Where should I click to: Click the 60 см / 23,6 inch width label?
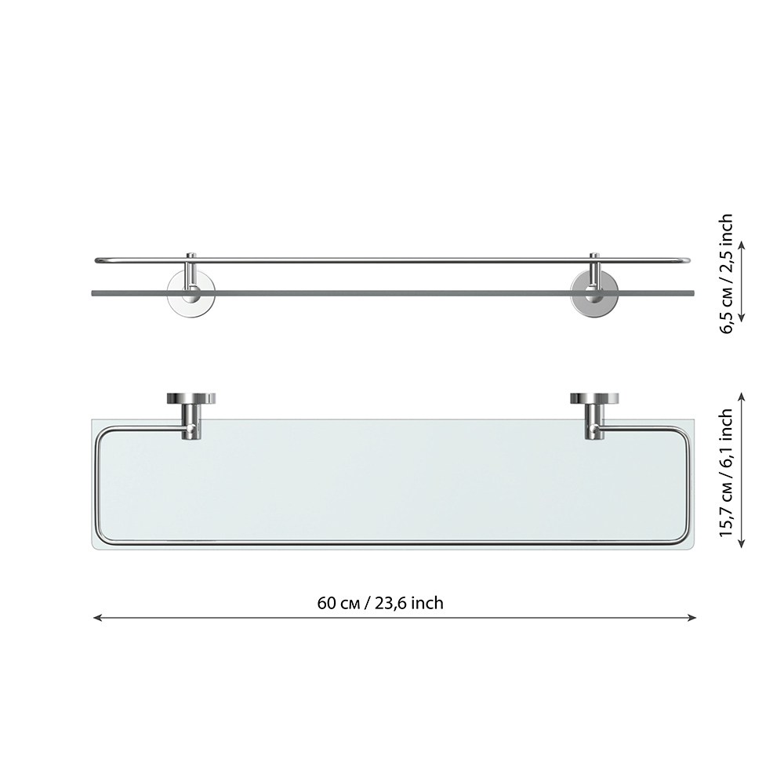[x=380, y=603]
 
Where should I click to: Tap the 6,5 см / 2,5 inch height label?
[x=725, y=274]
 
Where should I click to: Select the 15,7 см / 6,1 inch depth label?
[x=725, y=473]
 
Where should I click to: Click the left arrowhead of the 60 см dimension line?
[x=97, y=618]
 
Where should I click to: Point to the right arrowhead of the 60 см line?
[x=692, y=618]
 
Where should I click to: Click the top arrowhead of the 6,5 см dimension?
[x=742, y=245]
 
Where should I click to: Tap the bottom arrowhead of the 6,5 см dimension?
[x=742, y=317]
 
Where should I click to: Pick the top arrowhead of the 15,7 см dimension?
[x=742, y=397]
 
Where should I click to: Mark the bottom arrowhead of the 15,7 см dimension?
[x=742, y=543]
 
